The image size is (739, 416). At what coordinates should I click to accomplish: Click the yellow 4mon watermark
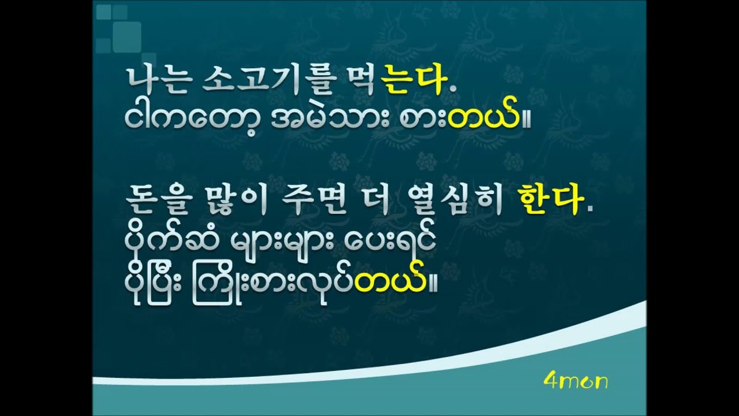click(576, 382)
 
